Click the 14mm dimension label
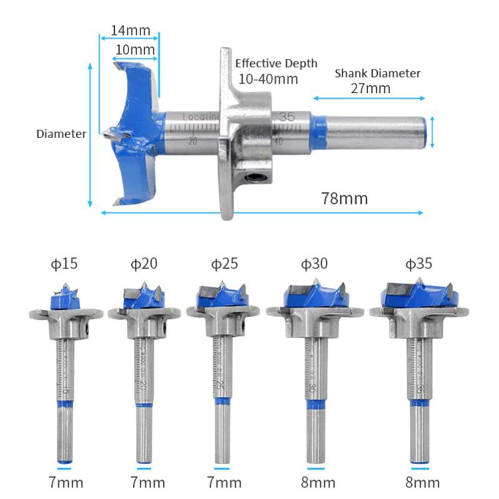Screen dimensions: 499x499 (x=130, y=30)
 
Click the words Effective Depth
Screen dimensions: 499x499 (x=276, y=63)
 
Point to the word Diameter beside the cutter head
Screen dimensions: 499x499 (x=61, y=134)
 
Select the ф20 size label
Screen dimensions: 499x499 (x=144, y=263)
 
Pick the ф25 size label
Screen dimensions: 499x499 (x=224, y=263)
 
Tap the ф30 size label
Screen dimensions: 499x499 (x=314, y=263)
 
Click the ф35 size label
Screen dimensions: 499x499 (x=418, y=263)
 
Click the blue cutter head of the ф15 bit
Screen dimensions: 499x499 (x=65, y=299)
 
